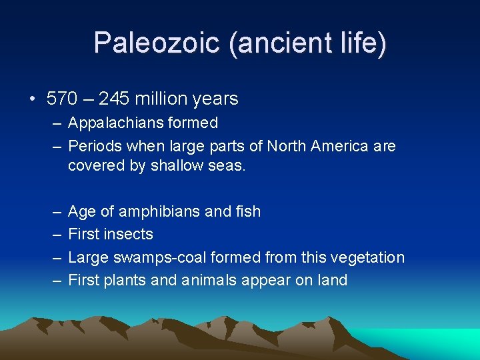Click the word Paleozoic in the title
(x=157, y=43)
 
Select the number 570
(x=63, y=99)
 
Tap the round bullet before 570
(x=31, y=99)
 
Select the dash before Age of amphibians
(x=55, y=212)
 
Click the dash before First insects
(x=55, y=235)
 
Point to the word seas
(x=229, y=165)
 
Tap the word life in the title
(x=363, y=43)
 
